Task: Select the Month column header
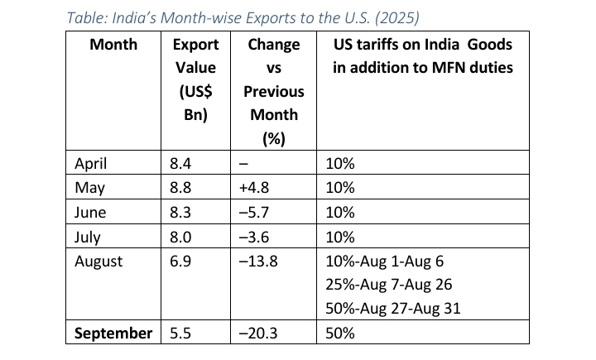pyautogui.click(x=113, y=44)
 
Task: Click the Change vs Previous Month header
pyautogui.click(x=274, y=91)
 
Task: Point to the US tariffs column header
pyautogui.click(x=422, y=55)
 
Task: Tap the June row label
pyautogui.click(x=93, y=213)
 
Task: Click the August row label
pyautogui.click(x=99, y=262)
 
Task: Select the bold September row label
pyautogui.click(x=113, y=334)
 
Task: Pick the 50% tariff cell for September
pyautogui.click(x=339, y=334)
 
